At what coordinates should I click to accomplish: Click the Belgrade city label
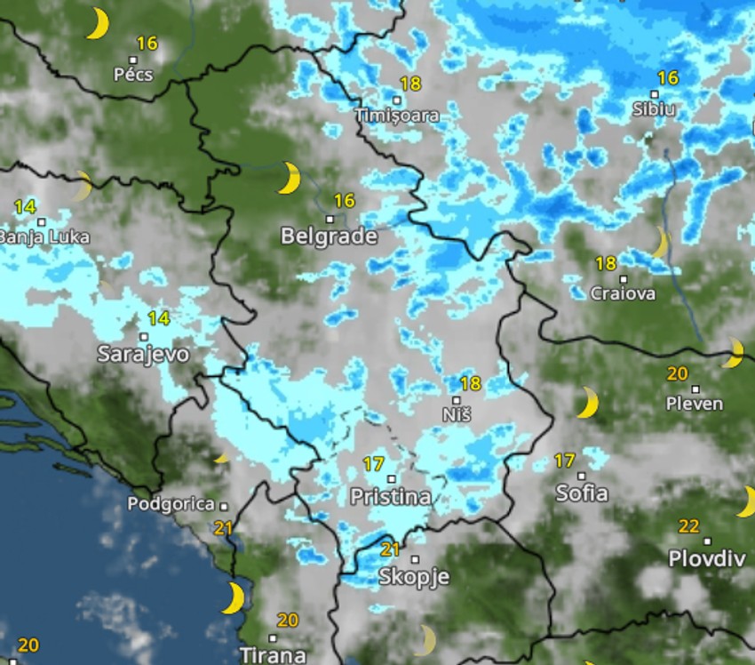click(329, 236)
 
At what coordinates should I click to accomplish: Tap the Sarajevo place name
click(143, 354)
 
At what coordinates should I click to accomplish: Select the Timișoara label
click(397, 116)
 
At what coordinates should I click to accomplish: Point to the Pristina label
click(391, 497)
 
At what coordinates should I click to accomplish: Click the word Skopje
click(414, 576)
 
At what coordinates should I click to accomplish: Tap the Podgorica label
click(171, 504)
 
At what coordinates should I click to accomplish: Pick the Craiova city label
click(624, 293)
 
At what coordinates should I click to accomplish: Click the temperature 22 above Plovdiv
click(689, 526)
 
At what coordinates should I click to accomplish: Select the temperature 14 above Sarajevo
click(159, 318)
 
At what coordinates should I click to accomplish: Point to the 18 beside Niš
click(471, 384)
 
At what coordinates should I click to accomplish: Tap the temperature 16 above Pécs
click(147, 43)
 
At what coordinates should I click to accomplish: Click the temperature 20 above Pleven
click(678, 373)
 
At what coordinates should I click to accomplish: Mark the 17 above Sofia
click(565, 461)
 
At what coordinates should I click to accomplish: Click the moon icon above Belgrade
click(289, 178)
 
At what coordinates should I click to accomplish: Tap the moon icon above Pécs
click(97, 24)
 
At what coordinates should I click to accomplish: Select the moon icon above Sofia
click(586, 403)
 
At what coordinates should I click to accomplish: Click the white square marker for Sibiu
click(655, 94)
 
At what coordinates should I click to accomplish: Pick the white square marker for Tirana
click(273, 637)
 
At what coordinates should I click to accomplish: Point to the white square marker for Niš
click(457, 401)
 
